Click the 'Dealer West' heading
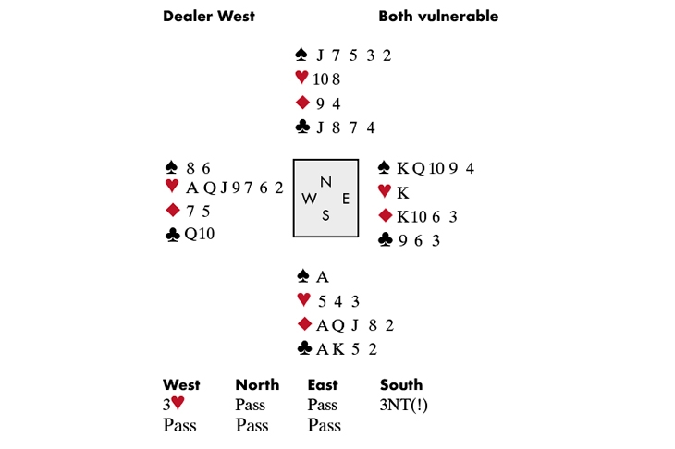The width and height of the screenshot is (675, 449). (x=209, y=16)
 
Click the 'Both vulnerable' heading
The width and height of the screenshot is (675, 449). (x=438, y=16)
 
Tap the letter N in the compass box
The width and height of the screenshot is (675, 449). (x=325, y=181)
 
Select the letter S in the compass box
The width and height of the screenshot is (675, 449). (x=325, y=215)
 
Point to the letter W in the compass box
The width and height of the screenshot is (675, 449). (x=309, y=199)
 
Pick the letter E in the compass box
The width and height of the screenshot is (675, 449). (x=345, y=199)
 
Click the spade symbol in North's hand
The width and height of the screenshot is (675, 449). (x=301, y=55)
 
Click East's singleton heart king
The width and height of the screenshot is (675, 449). (x=402, y=192)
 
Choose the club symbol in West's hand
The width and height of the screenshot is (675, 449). (x=171, y=235)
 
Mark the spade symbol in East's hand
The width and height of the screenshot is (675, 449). (x=386, y=168)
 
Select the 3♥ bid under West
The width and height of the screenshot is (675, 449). (x=175, y=406)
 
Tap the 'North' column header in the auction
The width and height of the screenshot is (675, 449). (x=257, y=385)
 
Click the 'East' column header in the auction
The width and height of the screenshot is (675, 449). (x=323, y=385)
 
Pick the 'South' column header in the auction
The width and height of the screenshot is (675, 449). (x=401, y=385)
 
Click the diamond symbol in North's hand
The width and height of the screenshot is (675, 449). (x=301, y=103)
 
